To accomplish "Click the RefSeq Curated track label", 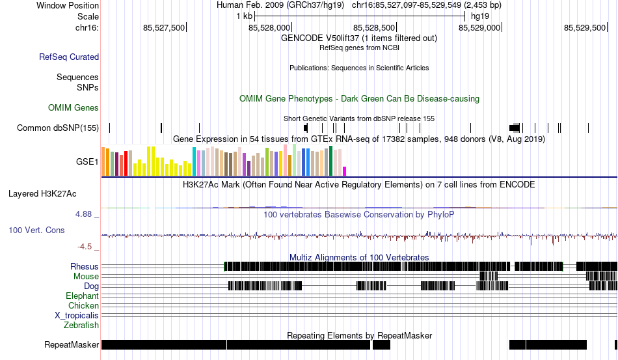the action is (x=69, y=57).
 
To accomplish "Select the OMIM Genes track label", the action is (x=74, y=107).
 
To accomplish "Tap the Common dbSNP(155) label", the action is (x=58, y=128).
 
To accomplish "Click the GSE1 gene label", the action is (x=87, y=161).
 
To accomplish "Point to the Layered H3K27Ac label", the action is (x=42, y=193).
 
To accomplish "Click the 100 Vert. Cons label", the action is (x=36, y=230).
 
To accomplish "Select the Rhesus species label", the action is (x=85, y=266).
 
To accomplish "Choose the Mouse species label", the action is (x=86, y=277).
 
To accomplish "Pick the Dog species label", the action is (x=91, y=286).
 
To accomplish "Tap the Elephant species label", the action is (x=82, y=296).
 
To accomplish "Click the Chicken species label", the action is (x=83, y=305).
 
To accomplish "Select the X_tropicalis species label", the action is (x=77, y=316).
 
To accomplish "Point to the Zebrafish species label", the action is (x=81, y=325).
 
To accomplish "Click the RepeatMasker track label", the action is (x=72, y=344).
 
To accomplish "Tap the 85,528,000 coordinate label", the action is (x=269, y=27).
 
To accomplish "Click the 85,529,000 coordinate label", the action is (x=479, y=27).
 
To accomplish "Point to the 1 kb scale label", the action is (x=245, y=16).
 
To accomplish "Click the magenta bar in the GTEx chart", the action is (x=345, y=171).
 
